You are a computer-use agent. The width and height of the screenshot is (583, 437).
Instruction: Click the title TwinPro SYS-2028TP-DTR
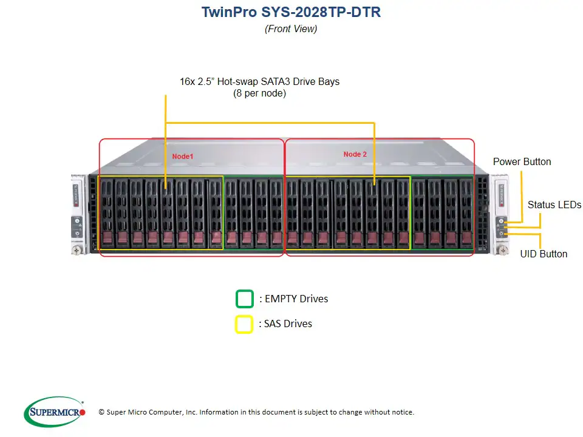[x=291, y=12]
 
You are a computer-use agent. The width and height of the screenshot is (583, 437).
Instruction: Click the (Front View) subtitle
[x=291, y=29]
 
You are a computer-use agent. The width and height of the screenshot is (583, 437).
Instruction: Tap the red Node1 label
[x=183, y=157]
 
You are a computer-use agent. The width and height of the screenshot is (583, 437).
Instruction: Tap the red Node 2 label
[x=355, y=154]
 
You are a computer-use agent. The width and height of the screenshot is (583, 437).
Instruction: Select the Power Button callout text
[x=522, y=161]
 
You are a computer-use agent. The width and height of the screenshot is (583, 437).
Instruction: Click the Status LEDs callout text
[x=554, y=205]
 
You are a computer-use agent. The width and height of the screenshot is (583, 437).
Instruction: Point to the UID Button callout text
[x=544, y=254]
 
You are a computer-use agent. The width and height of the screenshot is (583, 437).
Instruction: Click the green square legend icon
[x=244, y=299]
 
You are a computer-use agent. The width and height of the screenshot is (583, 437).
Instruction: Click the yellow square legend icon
[x=244, y=324]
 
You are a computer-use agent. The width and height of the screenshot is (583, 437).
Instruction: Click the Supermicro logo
[x=55, y=412]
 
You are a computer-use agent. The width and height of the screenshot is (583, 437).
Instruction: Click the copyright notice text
[x=256, y=412]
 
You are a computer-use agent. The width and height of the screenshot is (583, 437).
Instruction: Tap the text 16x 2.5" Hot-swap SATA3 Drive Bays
[x=259, y=81]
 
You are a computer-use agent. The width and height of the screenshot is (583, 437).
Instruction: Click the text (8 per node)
[x=259, y=93]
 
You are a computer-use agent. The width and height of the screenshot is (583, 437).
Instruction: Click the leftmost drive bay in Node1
[x=106, y=212]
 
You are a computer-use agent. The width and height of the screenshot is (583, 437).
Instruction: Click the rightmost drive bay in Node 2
[x=466, y=212]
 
